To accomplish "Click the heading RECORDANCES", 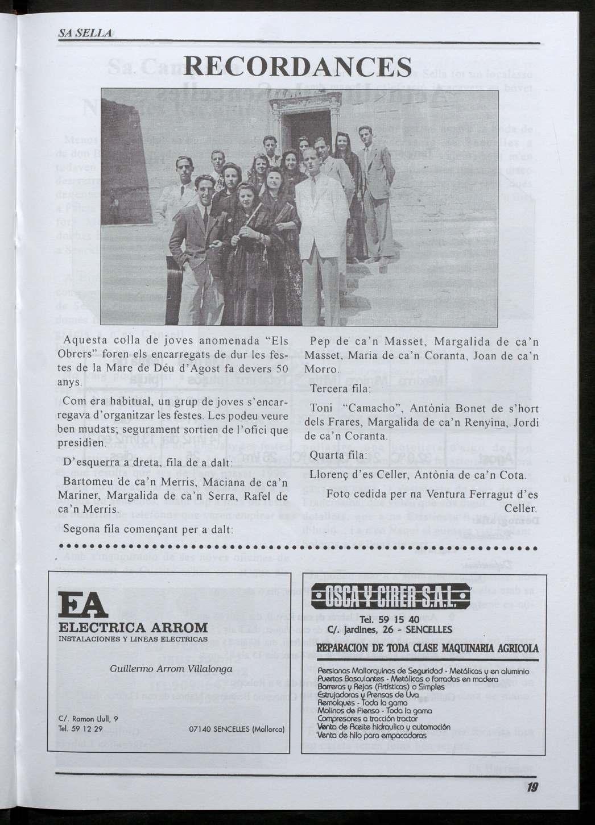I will click(x=298, y=67).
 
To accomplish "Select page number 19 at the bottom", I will click(x=532, y=787).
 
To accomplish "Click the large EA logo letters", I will click(x=83, y=607).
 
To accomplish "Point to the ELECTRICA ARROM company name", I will click(x=134, y=628).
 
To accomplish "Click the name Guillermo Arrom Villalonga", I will click(x=171, y=669).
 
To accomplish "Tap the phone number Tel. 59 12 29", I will click(x=80, y=728).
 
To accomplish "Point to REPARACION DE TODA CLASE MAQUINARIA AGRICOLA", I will click(x=427, y=648).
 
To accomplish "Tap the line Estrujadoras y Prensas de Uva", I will click(x=369, y=694).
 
